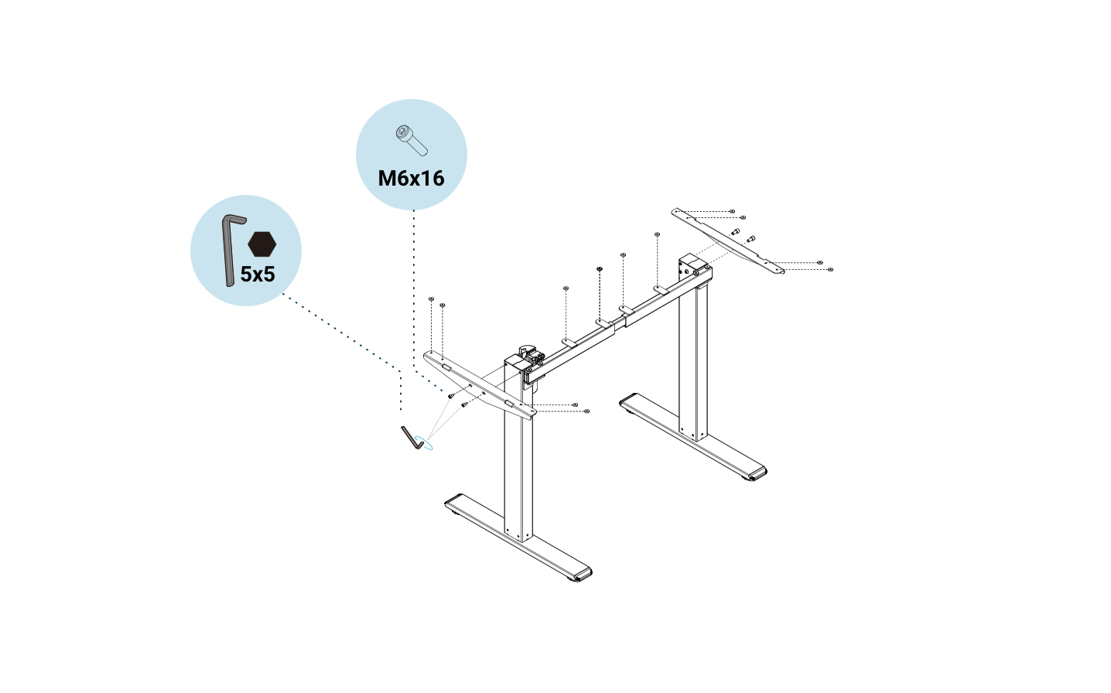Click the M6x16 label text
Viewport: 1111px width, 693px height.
click(411, 179)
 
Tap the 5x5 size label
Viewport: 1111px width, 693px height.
click(258, 275)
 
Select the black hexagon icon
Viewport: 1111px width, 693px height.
click(262, 244)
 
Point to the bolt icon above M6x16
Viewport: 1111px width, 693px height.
click(411, 139)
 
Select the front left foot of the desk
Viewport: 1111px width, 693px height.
click(518, 538)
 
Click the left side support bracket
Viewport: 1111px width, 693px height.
click(480, 384)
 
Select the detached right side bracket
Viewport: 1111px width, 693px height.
click(727, 240)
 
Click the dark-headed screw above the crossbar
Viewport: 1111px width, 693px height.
click(600, 269)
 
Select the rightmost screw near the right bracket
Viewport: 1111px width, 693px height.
click(830, 269)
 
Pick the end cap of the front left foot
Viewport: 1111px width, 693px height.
click(582, 575)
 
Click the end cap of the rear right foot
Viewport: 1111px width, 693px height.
click(757, 472)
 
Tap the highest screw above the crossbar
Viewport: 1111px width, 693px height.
click(657, 234)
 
